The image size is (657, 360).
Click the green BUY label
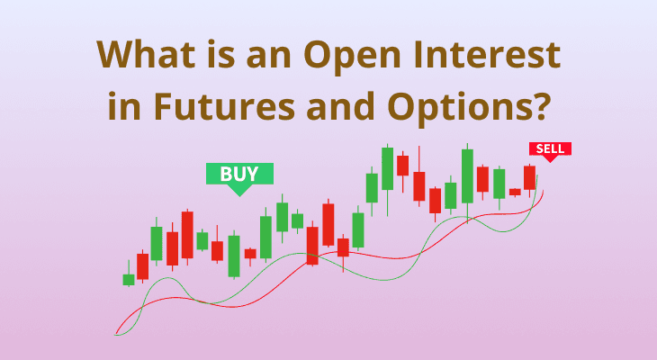pyautogui.click(x=239, y=174)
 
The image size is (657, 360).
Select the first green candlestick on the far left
pyautogui.click(x=129, y=279)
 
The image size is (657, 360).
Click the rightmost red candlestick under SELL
pyautogui.click(x=529, y=176)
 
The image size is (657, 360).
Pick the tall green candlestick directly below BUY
pyautogui.click(x=234, y=255)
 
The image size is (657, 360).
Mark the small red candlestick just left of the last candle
pyautogui.click(x=515, y=192)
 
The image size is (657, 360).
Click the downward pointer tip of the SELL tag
pyautogui.click(x=548, y=161)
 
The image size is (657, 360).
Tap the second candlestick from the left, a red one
pyautogui.click(x=142, y=265)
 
